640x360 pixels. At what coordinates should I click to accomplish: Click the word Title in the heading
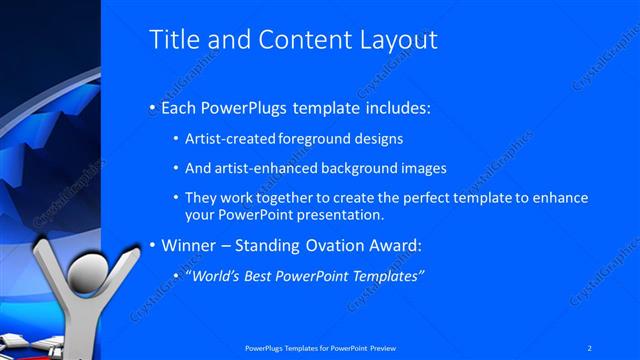click(171, 40)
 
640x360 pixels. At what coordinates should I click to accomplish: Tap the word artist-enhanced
click(263, 168)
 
